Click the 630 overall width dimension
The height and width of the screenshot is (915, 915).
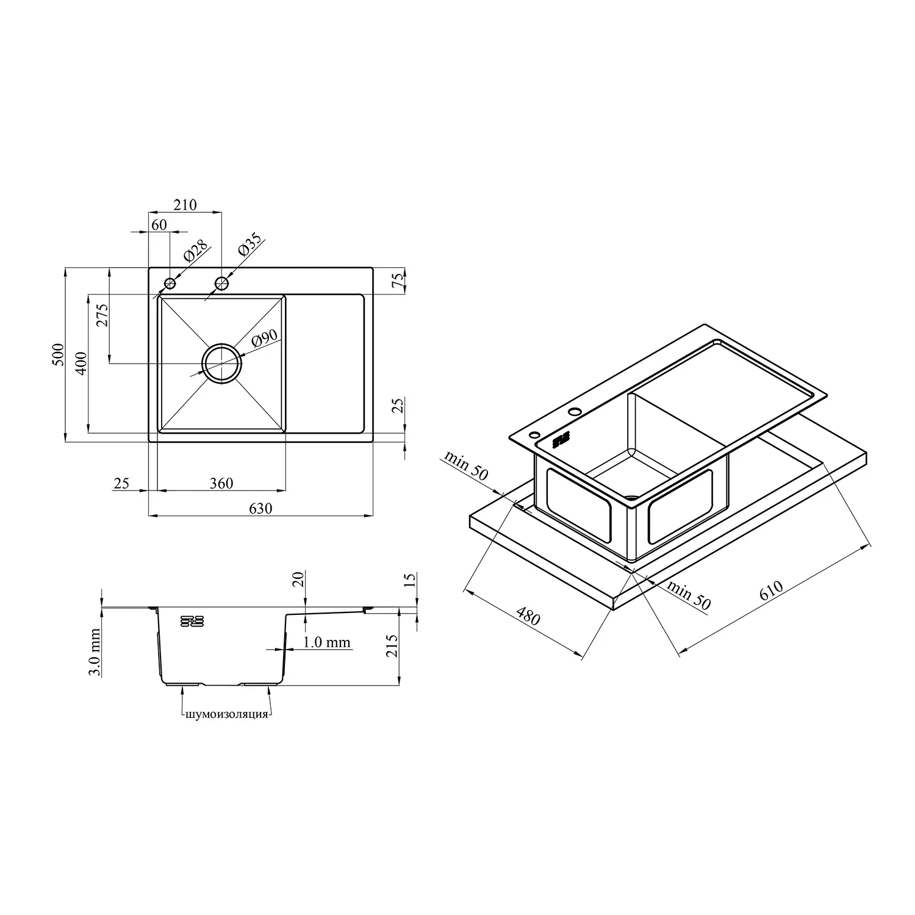coord(260,508)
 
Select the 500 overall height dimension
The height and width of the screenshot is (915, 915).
coord(58,354)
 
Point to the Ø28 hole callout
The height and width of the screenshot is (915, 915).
coord(196,252)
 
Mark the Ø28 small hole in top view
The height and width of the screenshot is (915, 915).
coord(170,284)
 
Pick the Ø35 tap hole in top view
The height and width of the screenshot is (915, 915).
coord(221,283)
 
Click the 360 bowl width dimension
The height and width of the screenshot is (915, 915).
coord(221,483)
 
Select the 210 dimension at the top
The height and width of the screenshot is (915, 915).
coord(185,205)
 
